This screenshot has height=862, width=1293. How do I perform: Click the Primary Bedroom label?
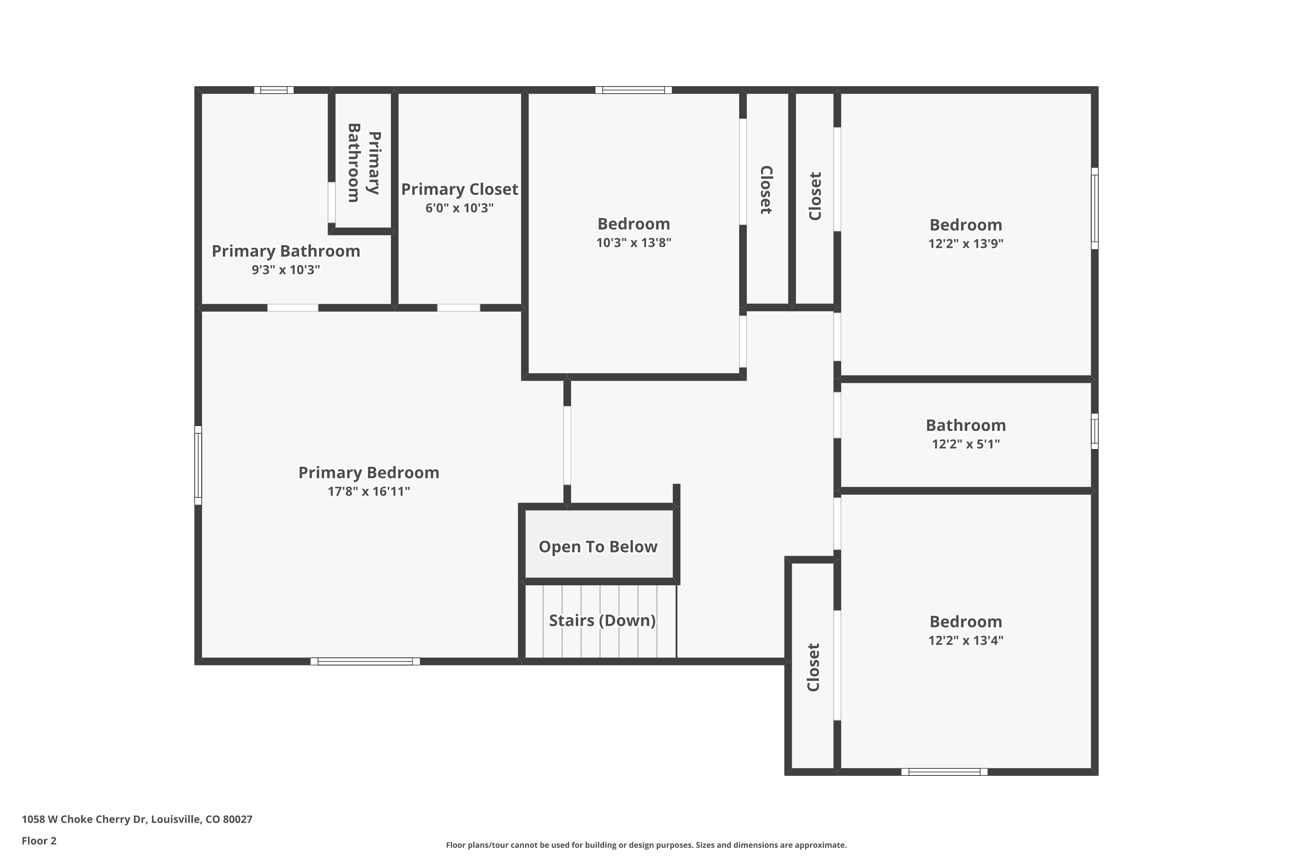pyautogui.click(x=369, y=472)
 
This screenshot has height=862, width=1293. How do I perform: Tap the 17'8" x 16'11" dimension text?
pyautogui.click(x=369, y=491)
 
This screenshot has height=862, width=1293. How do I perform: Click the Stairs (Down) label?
pyautogui.click(x=602, y=620)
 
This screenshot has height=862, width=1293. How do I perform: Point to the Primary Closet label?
pyautogui.click(x=459, y=189)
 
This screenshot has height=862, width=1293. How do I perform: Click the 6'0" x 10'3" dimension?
pyautogui.click(x=459, y=208)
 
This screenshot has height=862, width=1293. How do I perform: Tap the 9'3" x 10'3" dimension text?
pyautogui.click(x=285, y=269)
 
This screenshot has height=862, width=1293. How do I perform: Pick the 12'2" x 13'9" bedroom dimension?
pyautogui.click(x=965, y=244)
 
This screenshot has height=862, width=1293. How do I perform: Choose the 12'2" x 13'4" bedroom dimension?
pyautogui.click(x=965, y=640)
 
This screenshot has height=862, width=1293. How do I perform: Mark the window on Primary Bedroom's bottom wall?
pyautogui.click(x=365, y=661)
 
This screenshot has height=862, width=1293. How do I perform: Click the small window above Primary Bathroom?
pyautogui.click(x=274, y=90)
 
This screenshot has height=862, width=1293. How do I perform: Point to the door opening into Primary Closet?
pyautogui.click(x=459, y=308)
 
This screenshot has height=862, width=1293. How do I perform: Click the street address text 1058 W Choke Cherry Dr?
pyautogui.click(x=137, y=819)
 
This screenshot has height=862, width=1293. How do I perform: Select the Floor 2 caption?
pyautogui.click(x=39, y=840)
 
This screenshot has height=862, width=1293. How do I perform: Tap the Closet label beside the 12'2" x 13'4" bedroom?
pyautogui.click(x=813, y=667)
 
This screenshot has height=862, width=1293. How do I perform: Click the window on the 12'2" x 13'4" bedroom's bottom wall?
pyautogui.click(x=944, y=772)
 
